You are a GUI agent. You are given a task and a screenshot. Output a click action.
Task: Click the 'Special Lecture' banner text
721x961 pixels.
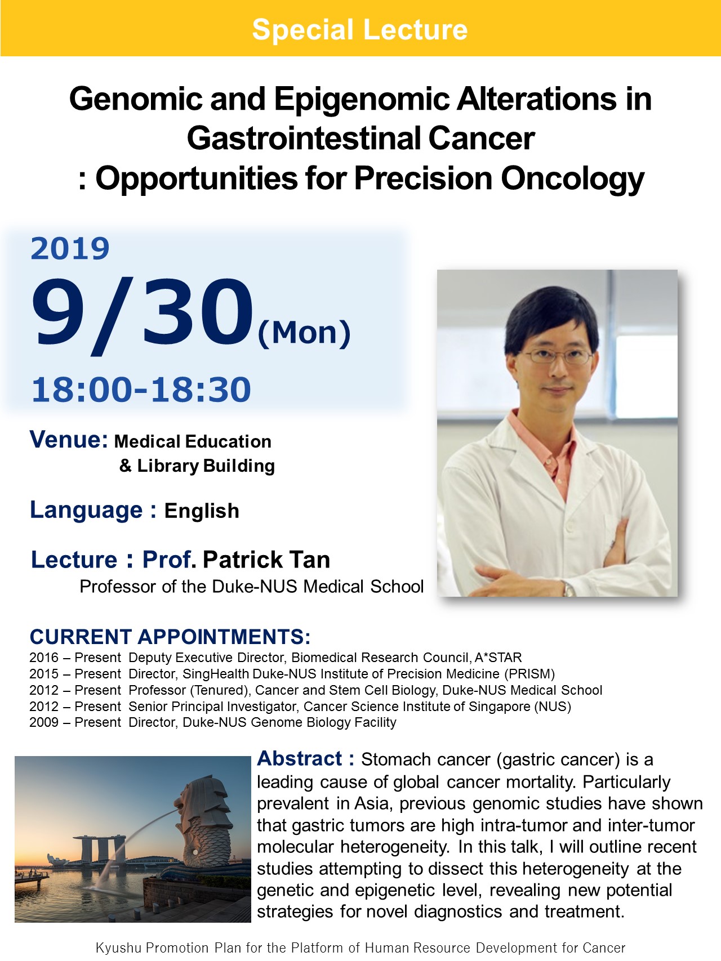[x=360, y=29]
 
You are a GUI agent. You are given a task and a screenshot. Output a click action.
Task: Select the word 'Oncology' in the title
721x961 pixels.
[x=572, y=179]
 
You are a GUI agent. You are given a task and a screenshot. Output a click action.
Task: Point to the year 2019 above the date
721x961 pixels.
[x=70, y=248]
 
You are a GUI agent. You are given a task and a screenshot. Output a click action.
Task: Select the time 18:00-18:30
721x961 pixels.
[x=141, y=389]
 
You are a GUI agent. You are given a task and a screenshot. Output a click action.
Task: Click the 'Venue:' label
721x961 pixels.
[x=69, y=439]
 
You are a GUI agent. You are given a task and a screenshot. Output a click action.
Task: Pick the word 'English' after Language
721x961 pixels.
[x=202, y=511]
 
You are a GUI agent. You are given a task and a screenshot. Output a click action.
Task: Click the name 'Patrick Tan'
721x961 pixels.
[x=266, y=560]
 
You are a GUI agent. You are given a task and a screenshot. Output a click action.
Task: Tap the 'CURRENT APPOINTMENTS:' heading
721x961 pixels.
[x=170, y=637]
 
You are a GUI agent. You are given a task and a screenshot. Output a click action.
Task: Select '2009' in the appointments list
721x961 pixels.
[x=44, y=722]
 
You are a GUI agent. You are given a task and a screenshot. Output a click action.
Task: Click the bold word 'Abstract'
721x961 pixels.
[x=300, y=759]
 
